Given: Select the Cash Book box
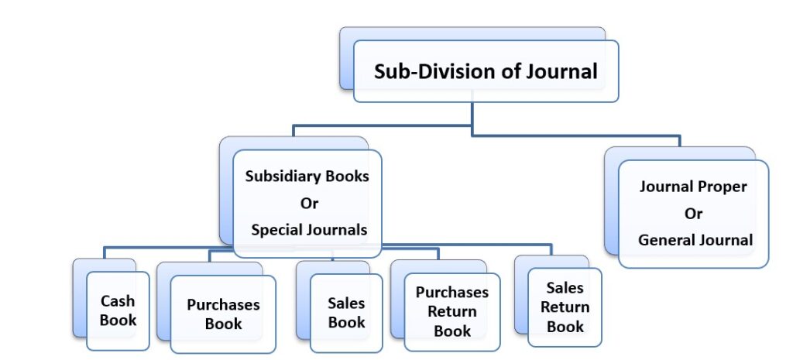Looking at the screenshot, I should click(118, 310).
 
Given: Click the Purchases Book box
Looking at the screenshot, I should click(223, 314).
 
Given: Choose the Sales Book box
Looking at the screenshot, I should click(346, 313).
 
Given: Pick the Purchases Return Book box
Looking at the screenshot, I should click(452, 312).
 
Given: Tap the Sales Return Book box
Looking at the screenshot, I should click(565, 307).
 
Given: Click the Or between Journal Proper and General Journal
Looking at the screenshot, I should click(692, 214).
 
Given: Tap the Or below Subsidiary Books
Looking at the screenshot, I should click(308, 203).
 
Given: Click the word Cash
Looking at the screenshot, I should click(118, 300).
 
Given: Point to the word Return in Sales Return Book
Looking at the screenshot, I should click(565, 307).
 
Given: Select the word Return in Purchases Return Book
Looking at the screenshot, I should click(452, 311).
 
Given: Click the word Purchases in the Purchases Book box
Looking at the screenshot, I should click(223, 304).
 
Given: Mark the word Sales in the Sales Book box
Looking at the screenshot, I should click(346, 303).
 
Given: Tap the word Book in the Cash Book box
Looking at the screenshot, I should click(118, 320).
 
